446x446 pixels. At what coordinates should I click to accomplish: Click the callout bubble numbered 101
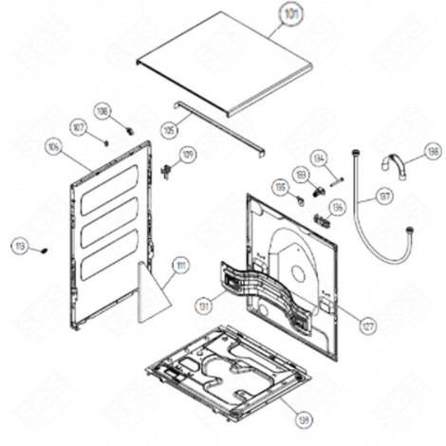coord(288,14)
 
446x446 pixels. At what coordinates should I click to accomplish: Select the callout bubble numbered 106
coord(53,147)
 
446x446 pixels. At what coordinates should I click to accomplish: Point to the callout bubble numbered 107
coord(78,126)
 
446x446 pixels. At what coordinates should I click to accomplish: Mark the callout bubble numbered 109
coord(187,154)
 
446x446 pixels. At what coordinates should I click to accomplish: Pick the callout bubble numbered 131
coord(203,306)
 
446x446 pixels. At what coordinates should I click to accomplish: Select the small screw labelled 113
coord(42,250)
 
